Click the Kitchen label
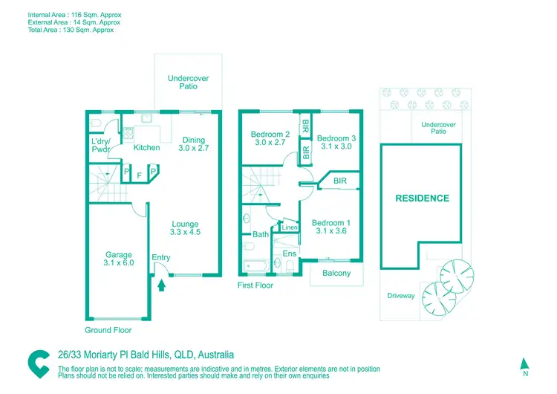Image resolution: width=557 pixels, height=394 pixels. [x=146, y=147]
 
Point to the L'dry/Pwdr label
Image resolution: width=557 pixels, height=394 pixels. [x=100, y=146]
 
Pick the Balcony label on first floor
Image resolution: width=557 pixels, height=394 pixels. [x=336, y=274]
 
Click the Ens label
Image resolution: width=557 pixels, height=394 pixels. [x=290, y=253]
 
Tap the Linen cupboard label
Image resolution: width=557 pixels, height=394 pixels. [x=290, y=227]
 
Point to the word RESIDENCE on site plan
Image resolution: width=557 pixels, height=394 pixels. [x=422, y=198]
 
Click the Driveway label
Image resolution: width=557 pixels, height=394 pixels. [x=401, y=296]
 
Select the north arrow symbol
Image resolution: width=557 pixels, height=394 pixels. [x=524, y=363]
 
